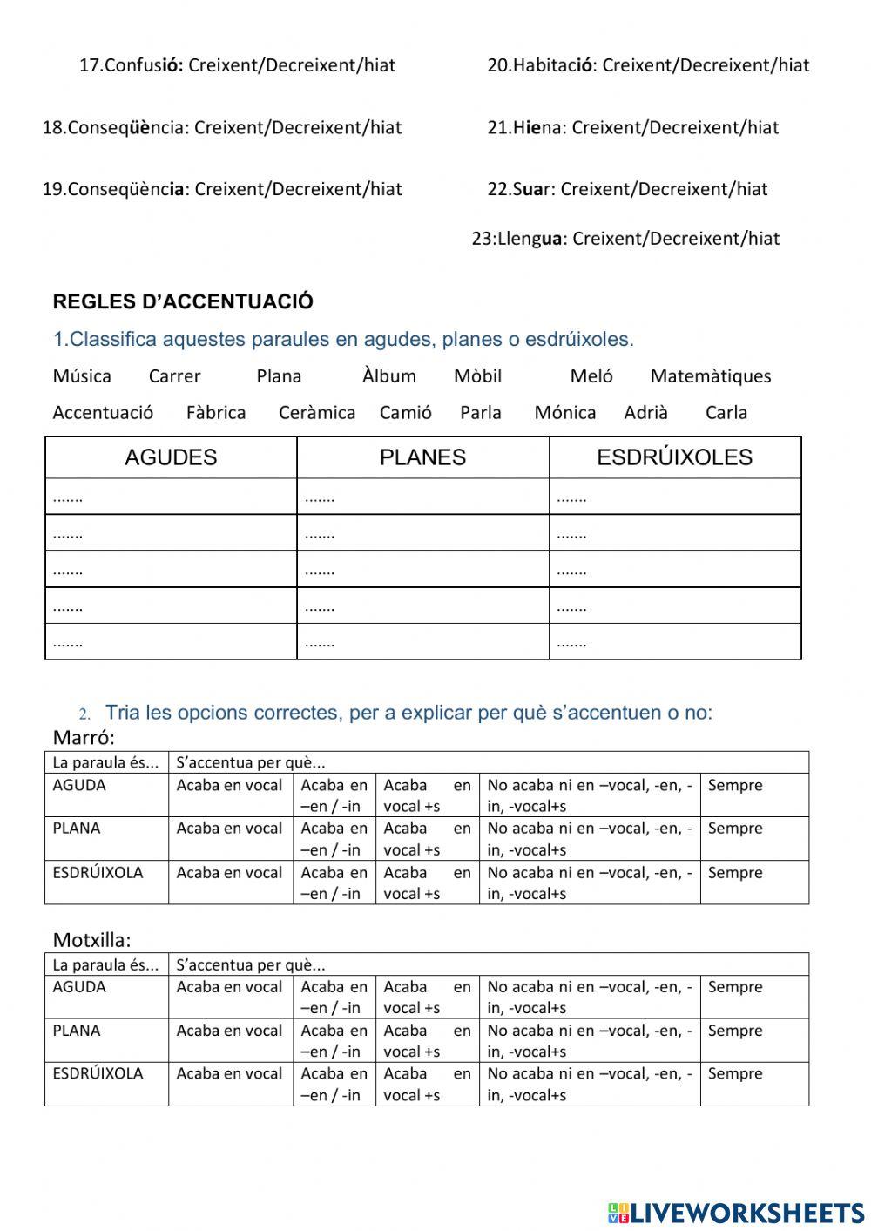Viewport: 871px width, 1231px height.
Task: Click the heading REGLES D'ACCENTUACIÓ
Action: [x=183, y=302]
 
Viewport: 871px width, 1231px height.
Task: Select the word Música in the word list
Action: [x=82, y=376]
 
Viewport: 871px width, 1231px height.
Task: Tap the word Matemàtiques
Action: [x=710, y=376]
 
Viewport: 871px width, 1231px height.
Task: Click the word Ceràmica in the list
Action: [x=317, y=413]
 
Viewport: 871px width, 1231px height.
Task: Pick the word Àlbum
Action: [x=389, y=376]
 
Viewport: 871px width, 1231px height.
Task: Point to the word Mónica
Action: [x=565, y=413]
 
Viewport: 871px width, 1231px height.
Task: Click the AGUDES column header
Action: [x=171, y=457]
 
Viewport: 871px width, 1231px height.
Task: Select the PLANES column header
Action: [x=422, y=457]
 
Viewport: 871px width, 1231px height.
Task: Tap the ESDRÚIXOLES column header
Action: [x=674, y=457]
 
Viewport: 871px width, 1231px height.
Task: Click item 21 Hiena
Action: [x=633, y=128]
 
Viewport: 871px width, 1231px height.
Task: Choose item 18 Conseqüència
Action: [x=222, y=128]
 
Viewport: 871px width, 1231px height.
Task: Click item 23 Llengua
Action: [x=625, y=239]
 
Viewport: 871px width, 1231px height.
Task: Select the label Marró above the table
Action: [x=84, y=738]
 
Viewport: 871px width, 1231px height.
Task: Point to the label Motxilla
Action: [x=91, y=940]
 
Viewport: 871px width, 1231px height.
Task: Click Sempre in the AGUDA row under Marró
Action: [x=735, y=786]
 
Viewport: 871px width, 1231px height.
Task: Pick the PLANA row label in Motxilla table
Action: [x=77, y=1031]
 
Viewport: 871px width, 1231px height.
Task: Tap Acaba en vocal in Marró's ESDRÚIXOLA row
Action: [x=229, y=873]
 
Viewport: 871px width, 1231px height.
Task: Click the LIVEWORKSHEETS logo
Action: [x=736, y=1212]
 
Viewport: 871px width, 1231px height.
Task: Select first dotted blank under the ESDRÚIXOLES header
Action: [x=571, y=498]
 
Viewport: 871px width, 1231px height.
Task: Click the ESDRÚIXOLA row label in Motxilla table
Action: [x=98, y=1074]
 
